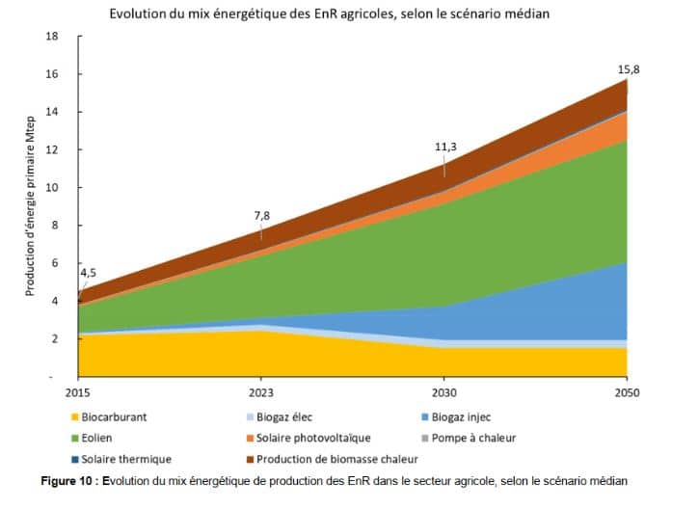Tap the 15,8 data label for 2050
click(x=628, y=69)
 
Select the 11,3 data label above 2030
click(x=444, y=147)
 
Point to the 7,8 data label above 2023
click(x=261, y=217)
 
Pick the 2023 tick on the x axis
click(x=261, y=393)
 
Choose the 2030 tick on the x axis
click(x=444, y=393)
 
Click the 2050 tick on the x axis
click(x=628, y=393)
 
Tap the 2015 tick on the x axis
click(x=79, y=393)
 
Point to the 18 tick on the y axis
click(x=53, y=37)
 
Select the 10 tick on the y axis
click(x=53, y=188)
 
